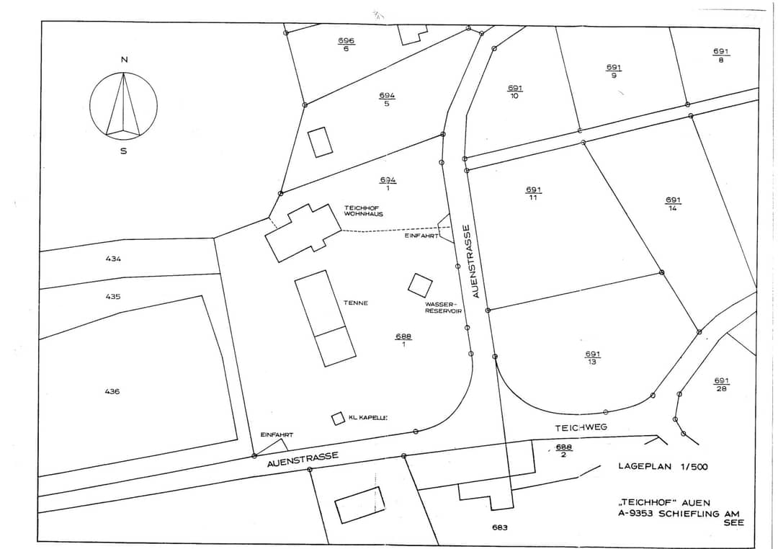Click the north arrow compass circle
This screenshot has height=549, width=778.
(x=90, y=104)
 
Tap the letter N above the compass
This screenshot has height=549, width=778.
(x=124, y=60)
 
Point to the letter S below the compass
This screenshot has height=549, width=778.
(x=124, y=151)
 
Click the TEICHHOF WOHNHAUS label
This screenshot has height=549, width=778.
(x=364, y=211)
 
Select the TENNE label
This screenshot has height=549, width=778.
(x=356, y=303)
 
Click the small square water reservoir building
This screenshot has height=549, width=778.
(x=420, y=285)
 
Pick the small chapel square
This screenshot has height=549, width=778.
(x=338, y=419)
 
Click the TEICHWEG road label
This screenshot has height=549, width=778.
(x=581, y=427)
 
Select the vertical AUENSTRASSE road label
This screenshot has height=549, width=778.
(x=475, y=262)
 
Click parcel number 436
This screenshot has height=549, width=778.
(x=112, y=391)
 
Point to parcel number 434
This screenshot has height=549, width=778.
(x=113, y=259)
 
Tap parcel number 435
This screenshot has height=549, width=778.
(x=113, y=296)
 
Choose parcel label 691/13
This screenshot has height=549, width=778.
(x=592, y=358)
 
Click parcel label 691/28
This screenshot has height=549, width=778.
(x=721, y=385)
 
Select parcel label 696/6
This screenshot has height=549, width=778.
(x=346, y=45)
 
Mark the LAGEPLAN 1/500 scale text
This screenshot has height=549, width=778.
(x=663, y=467)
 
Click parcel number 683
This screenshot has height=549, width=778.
(x=500, y=527)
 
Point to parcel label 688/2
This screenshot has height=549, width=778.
(x=563, y=451)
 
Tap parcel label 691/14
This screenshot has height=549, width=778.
(x=673, y=204)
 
